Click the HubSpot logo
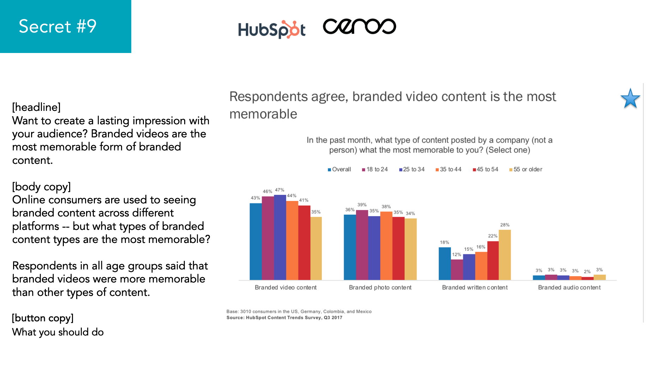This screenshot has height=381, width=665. pyautogui.click(x=271, y=29)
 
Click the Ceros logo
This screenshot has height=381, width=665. pyautogui.click(x=359, y=26)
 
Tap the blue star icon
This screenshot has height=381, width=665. pyautogui.click(x=630, y=99)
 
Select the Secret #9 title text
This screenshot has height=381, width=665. pyautogui.click(x=58, y=26)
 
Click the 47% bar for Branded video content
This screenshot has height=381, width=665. pyautogui.click(x=280, y=237)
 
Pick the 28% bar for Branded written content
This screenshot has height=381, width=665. pyautogui.click(x=505, y=255)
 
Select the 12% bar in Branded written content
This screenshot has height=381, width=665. pyautogui.click(x=457, y=270)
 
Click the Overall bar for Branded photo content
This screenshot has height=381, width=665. pyautogui.click(x=350, y=247)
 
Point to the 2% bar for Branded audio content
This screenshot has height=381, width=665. pyautogui.click(x=587, y=278)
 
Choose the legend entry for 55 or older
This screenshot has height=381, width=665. pyautogui.click(x=526, y=169)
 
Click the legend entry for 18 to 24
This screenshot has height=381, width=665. pyautogui.click(x=375, y=169)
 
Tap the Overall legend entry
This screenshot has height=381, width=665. pyautogui.click(x=339, y=169)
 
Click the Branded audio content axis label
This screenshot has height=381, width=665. pyautogui.click(x=569, y=287)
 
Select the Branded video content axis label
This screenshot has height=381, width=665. pyautogui.click(x=285, y=287)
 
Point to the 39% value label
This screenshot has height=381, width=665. pyautogui.click(x=362, y=205)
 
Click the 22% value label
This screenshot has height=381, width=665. pyautogui.click(x=492, y=236)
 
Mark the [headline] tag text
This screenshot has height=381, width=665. pyautogui.click(x=36, y=107)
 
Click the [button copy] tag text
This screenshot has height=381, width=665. pyautogui.click(x=43, y=318)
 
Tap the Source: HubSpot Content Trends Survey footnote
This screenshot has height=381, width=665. pyautogui.click(x=284, y=317)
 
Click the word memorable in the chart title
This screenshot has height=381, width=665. pyautogui.click(x=263, y=114)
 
